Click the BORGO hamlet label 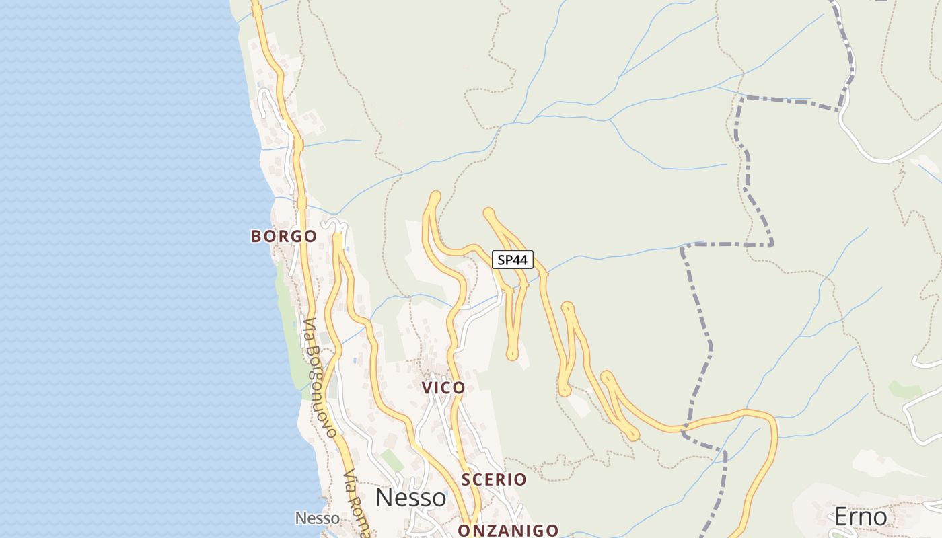click(283, 236)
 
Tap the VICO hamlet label click(443, 387)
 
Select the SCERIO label click(494, 479)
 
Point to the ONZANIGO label click(508, 530)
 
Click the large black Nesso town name click(410, 498)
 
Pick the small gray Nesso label click(318, 518)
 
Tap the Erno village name click(861, 516)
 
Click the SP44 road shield click(513, 260)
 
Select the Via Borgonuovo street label click(318, 379)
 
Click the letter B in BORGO click(256, 236)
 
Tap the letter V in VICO click(427, 387)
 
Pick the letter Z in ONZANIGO click(495, 530)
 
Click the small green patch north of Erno click(904, 389)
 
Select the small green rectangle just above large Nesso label click(392, 460)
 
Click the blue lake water click(121, 269)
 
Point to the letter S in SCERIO click(466, 479)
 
